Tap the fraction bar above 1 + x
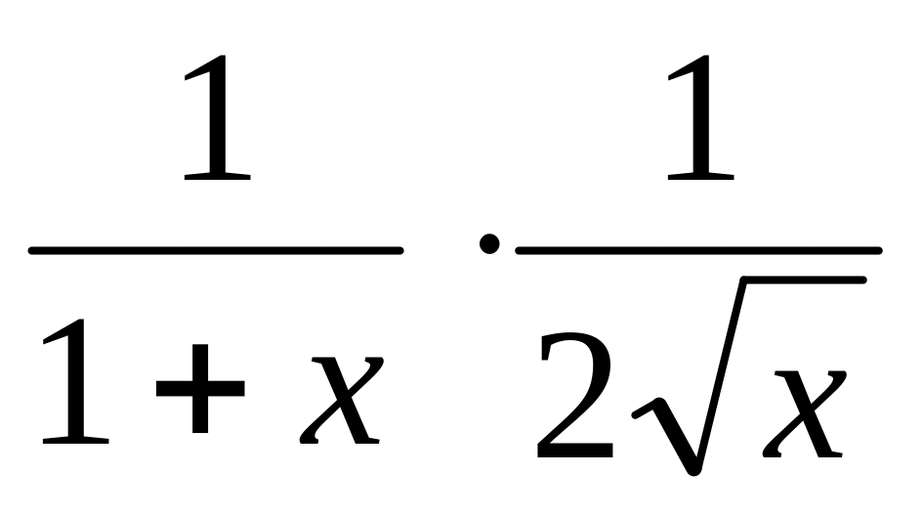(x=215, y=250)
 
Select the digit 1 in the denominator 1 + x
(x=76, y=386)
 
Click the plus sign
(x=199, y=388)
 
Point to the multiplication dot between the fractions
(x=488, y=243)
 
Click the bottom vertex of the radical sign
(x=692, y=467)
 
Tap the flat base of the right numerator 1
(x=700, y=177)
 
